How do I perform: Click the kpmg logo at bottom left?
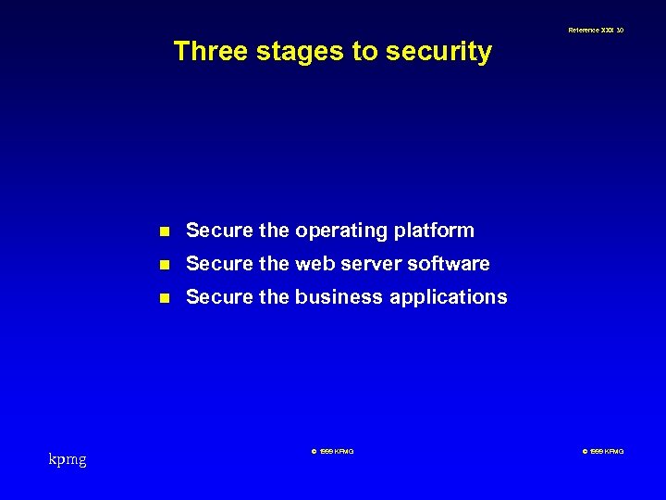pyautogui.click(x=68, y=459)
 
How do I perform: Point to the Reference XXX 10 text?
pyautogui.click(x=596, y=31)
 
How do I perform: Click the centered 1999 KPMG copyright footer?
pyautogui.click(x=332, y=451)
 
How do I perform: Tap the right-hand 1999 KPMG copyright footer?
pyautogui.click(x=602, y=451)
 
